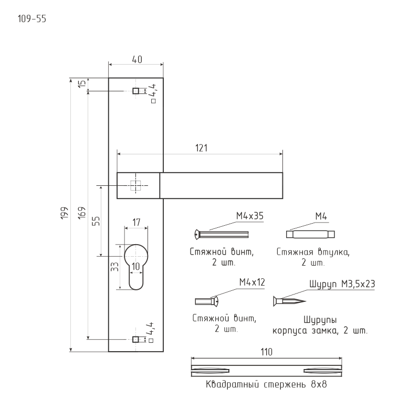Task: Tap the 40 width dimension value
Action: [136, 60]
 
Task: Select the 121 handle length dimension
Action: [201, 148]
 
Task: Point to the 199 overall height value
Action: [65, 215]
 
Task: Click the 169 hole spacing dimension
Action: [81, 215]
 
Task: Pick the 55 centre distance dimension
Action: [96, 220]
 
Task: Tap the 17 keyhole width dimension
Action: [136, 223]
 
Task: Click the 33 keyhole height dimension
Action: [114, 267]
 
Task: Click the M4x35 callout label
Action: [249, 216]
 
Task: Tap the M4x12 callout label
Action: [252, 282]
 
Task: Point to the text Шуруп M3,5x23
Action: [342, 284]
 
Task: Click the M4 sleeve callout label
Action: [322, 216]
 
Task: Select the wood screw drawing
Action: [289, 301]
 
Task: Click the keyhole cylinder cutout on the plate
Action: [136, 265]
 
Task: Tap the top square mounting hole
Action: [135, 91]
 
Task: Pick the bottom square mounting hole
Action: [135, 339]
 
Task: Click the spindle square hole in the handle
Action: [136, 185]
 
